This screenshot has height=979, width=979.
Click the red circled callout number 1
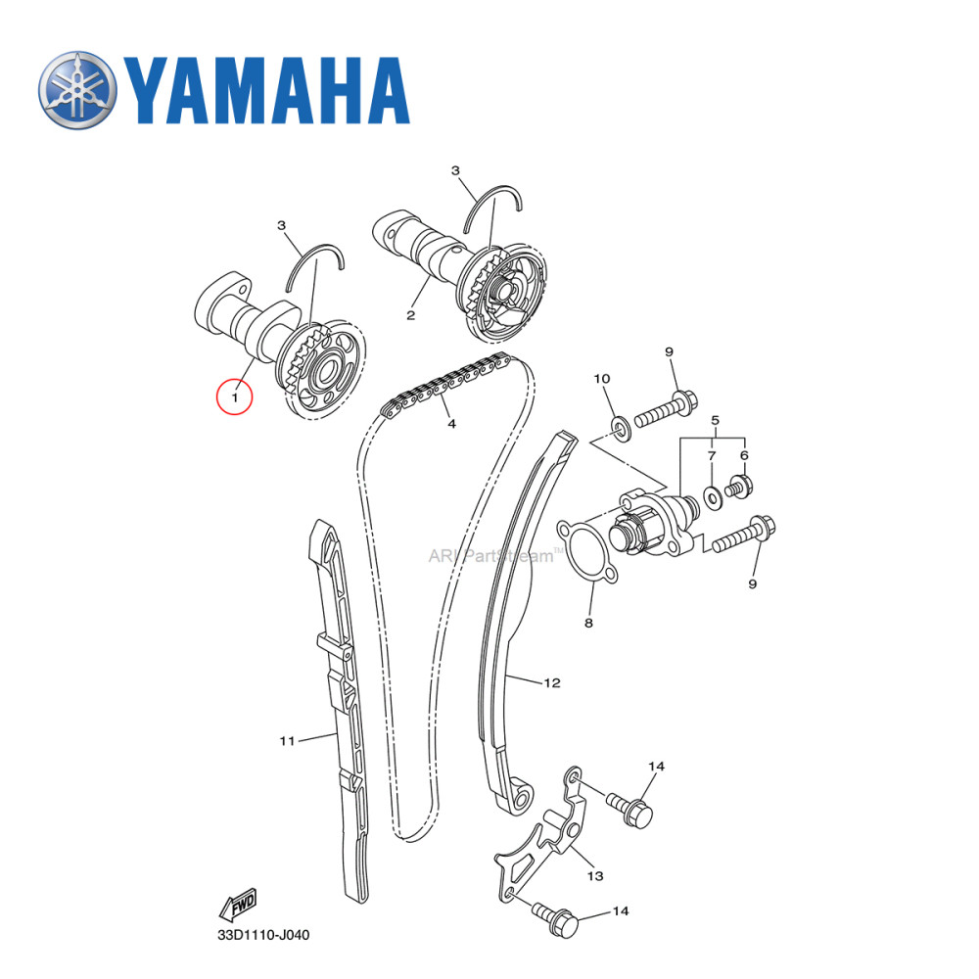point(235,397)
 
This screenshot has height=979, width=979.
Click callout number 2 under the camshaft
point(410,315)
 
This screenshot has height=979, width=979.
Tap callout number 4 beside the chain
point(451,424)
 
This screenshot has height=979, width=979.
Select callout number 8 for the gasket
point(588,622)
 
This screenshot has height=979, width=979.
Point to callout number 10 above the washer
point(602,379)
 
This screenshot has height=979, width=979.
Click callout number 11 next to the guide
point(287,741)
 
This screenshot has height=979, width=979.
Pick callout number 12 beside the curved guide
point(552,681)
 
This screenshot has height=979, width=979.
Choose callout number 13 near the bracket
point(595,875)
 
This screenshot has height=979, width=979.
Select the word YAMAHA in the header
point(264,92)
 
